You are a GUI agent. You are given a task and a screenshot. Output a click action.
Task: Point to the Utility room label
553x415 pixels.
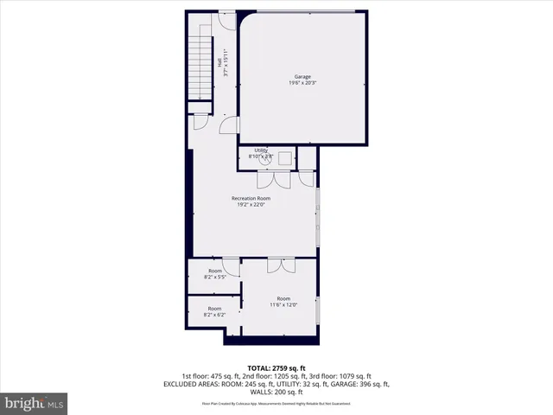pos(261,150)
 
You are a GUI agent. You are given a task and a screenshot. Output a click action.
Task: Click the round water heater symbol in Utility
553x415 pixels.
pos(269,158)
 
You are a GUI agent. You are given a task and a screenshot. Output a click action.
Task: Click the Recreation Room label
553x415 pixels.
pos(254,198)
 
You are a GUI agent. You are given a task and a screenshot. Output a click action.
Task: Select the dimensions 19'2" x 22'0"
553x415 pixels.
pos(254,205)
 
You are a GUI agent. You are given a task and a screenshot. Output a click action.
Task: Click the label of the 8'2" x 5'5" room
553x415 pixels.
pos(214,271)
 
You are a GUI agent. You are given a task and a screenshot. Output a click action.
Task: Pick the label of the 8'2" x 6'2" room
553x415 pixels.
pos(214,309)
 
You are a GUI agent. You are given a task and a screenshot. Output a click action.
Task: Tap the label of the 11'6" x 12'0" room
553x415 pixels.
pos(284,298)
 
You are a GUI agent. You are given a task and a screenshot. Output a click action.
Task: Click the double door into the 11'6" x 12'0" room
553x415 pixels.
pos(281,265)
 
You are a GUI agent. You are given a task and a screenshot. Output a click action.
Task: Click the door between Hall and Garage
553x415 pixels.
pos(228,126)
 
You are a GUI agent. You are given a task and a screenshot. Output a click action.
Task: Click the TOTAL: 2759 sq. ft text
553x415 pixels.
pos(276,368)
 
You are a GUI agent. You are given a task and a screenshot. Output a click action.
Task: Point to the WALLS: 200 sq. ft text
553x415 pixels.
pos(276,392)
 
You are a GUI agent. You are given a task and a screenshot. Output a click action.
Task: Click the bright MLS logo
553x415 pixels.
pos(35,403)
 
